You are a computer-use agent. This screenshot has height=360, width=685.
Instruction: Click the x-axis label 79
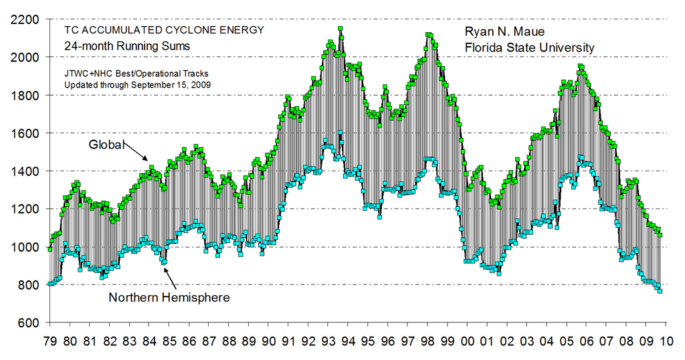50,342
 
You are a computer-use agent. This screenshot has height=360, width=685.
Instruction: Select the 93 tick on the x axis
328,342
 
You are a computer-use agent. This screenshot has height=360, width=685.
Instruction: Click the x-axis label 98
427,342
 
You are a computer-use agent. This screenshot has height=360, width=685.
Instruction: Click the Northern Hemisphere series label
169,297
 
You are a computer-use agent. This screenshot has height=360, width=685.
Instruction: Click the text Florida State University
529,48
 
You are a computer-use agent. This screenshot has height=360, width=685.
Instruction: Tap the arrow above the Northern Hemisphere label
169,276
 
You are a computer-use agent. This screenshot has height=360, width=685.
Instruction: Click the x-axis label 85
170,342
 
